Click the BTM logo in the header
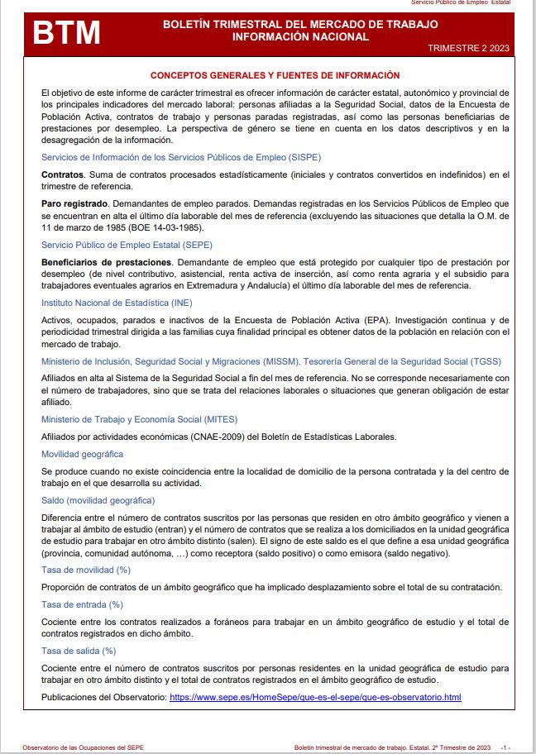click(66, 34)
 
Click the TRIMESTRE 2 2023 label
click(469, 49)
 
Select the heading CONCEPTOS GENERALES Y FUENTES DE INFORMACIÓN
click(275, 75)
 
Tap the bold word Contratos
click(62, 174)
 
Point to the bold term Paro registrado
click(74, 203)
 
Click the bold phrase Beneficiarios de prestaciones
click(106, 262)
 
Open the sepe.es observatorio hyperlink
click(314, 698)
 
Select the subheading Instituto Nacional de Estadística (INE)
click(117, 303)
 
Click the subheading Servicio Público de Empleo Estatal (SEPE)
click(127, 245)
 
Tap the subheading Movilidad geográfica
click(83, 454)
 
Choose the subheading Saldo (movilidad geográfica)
click(98, 500)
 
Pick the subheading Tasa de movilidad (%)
click(86, 570)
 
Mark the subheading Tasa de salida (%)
click(79, 651)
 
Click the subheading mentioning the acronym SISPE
click(181, 156)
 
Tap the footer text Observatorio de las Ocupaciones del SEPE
click(84, 747)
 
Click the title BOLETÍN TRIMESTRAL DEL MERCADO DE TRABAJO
click(300, 25)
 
